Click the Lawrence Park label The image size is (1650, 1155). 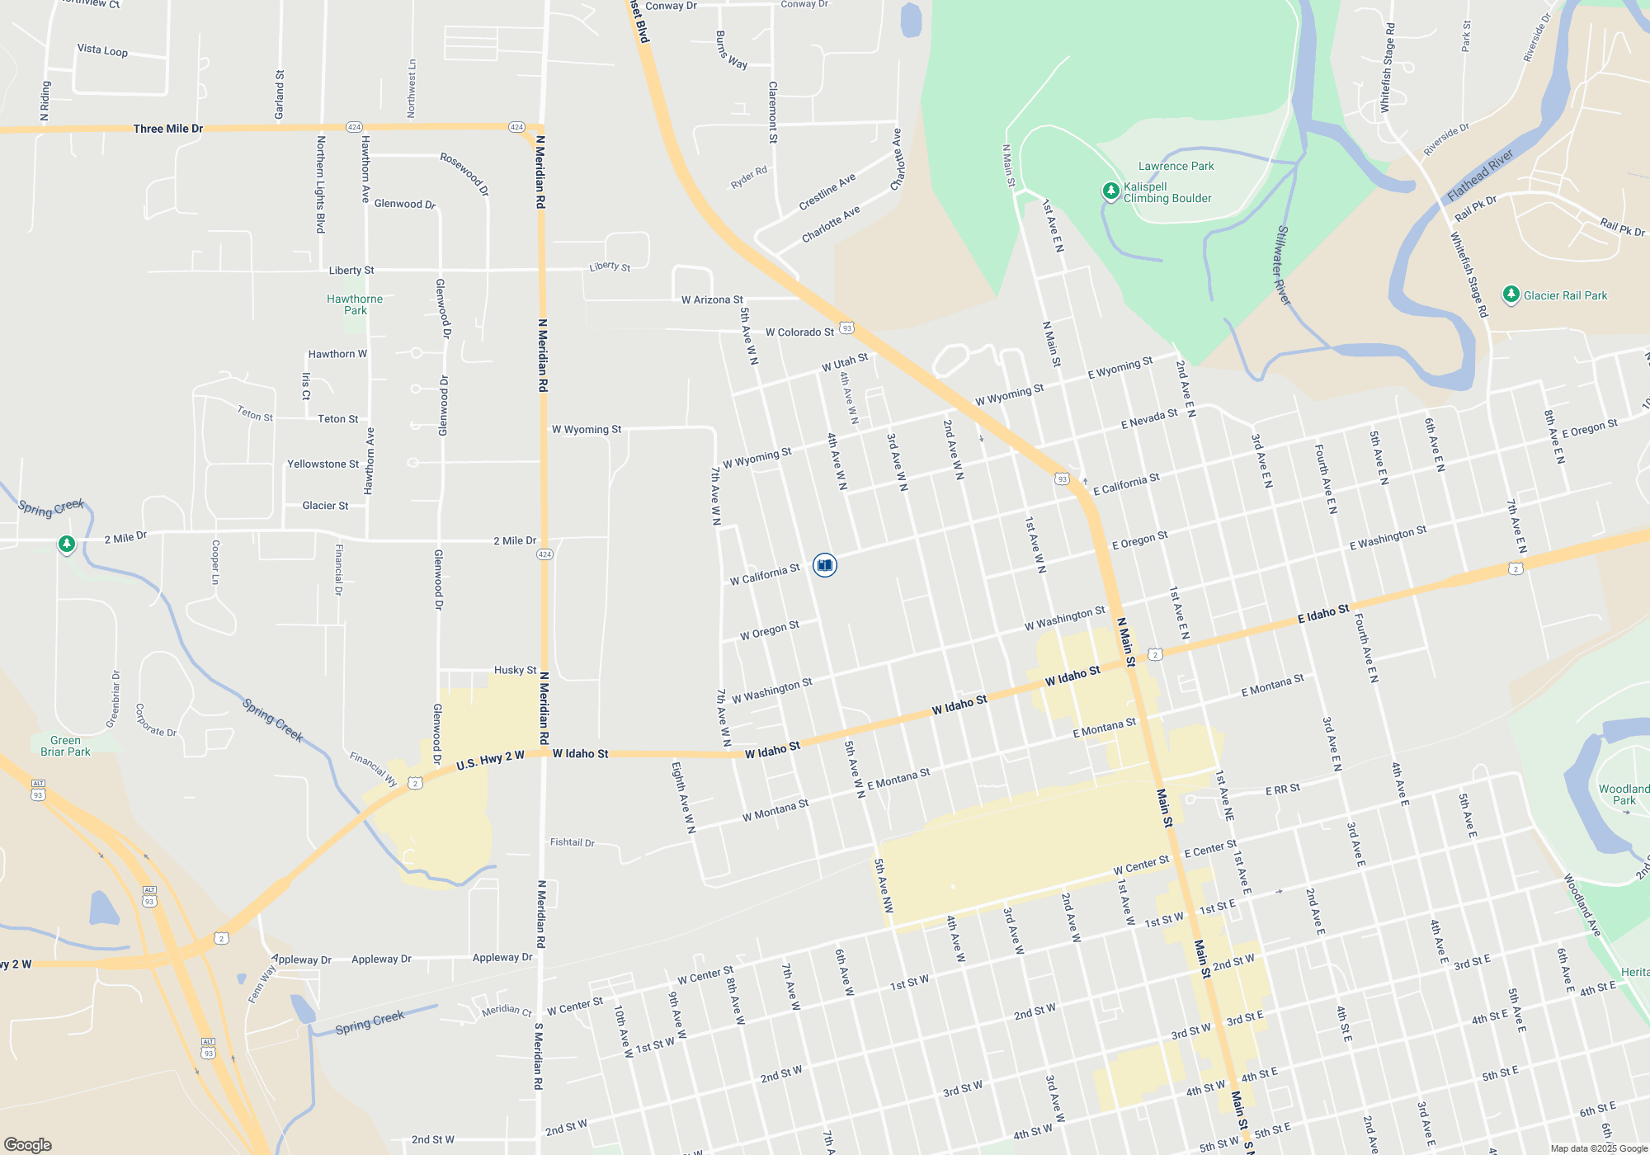(1176, 166)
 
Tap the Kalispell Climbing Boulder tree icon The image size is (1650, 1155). (1111, 191)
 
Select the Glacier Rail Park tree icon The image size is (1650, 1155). (1511, 295)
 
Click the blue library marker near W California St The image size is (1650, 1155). (824, 565)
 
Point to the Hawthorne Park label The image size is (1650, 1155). (355, 304)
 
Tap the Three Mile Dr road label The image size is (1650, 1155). (168, 129)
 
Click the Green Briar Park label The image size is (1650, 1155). (65, 746)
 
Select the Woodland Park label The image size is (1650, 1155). (1624, 794)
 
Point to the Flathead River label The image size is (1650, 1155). (1480, 175)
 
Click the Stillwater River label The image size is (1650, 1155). (1283, 265)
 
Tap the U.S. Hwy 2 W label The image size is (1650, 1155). (490, 761)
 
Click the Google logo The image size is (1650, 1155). (28, 1144)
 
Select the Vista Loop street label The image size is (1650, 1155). (102, 50)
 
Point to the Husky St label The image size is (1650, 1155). (515, 670)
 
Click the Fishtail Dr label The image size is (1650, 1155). (573, 842)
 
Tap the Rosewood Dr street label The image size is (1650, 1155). (464, 173)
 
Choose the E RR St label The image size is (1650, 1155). (1283, 790)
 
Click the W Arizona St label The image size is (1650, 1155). (712, 299)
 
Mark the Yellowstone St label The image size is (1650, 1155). (323, 464)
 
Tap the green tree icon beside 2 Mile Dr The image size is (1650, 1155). (67, 544)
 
